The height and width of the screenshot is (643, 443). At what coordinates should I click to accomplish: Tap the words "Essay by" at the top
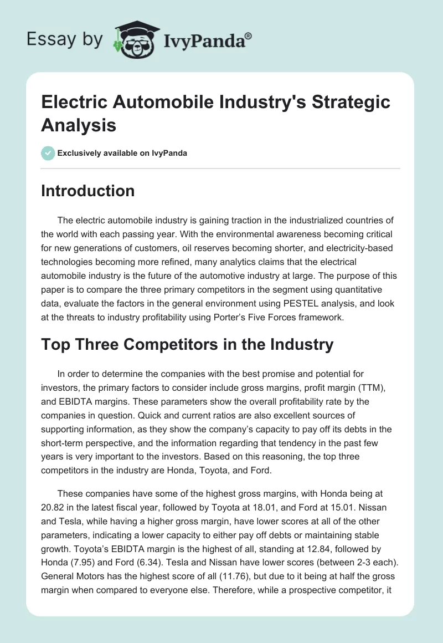65,39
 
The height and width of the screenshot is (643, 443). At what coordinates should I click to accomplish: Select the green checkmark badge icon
48,153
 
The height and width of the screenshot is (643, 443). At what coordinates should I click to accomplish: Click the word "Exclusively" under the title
79,153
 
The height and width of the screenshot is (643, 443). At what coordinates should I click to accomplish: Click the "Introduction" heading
88,191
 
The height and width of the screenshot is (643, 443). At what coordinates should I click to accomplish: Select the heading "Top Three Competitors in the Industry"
187,345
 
